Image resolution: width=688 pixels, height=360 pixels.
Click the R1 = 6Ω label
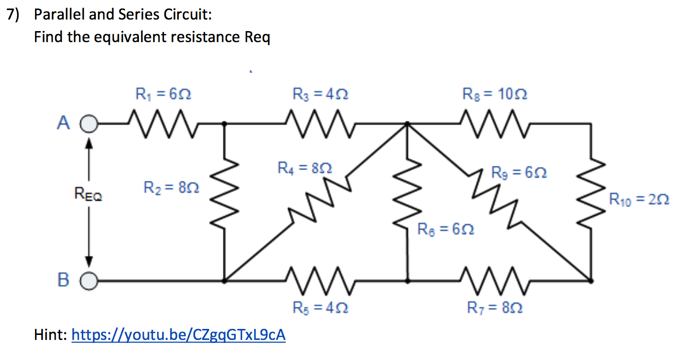(x=163, y=94)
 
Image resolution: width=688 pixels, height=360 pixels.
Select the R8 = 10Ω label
(x=495, y=94)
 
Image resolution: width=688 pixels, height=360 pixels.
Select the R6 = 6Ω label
(x=446, y=230)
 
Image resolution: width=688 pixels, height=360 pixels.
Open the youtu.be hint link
(x=179, y=334)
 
